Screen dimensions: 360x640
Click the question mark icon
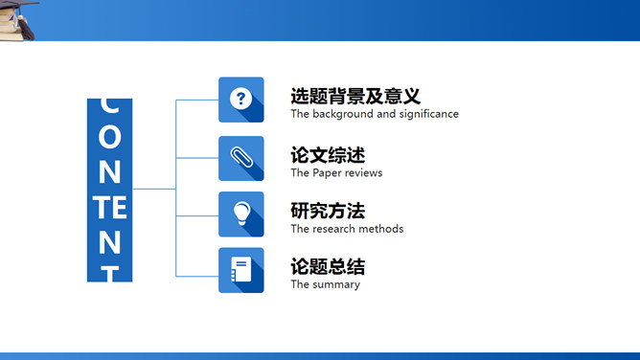240,99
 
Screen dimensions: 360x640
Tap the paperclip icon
240,158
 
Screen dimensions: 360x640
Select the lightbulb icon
240,214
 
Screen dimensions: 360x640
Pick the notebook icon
240,270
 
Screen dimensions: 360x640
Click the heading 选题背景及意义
355,97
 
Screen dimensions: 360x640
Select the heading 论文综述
328,155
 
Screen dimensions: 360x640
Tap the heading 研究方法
328,211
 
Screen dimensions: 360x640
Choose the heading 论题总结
328,267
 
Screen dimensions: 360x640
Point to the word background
344,114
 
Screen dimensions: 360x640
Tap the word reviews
365,173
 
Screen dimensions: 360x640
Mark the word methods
382,229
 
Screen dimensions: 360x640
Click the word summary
337,284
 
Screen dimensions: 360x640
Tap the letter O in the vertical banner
110,137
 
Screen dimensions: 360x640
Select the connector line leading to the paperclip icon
196,158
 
